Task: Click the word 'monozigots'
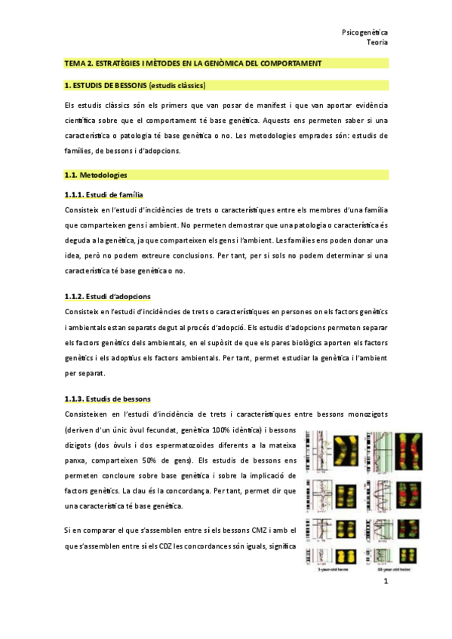coord(361,414)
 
